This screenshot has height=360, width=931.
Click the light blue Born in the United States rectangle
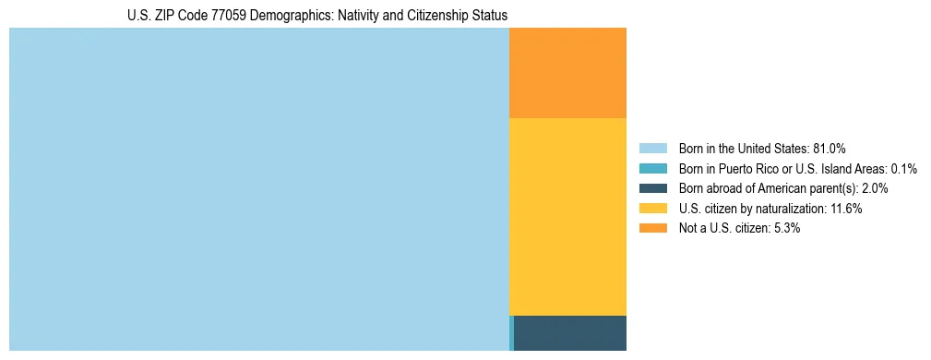click(x=258, y=189)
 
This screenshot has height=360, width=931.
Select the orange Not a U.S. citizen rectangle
click(x=567, y=73)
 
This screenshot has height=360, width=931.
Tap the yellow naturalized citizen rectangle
click(x=567, y=217)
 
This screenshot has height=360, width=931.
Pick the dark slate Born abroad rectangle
click(x=570, y=332)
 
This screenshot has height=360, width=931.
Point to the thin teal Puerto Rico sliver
click(x=511, y=332)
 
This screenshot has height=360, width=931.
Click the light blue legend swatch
click(x=652, y=148)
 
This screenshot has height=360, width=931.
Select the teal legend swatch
click(x=652, y=168)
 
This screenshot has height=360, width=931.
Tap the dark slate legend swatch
click(x=652, y=188)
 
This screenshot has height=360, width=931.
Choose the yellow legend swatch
click(x=652, y=209)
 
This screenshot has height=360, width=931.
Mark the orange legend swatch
click(x=652, y=228)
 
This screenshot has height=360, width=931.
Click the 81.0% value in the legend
click(x=830, y=148)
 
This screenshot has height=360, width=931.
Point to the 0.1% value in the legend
click(x=903, y=168)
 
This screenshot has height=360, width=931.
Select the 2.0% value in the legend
click(x=874, y=188)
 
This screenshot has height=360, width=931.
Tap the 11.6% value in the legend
click(x=845, y=209)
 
